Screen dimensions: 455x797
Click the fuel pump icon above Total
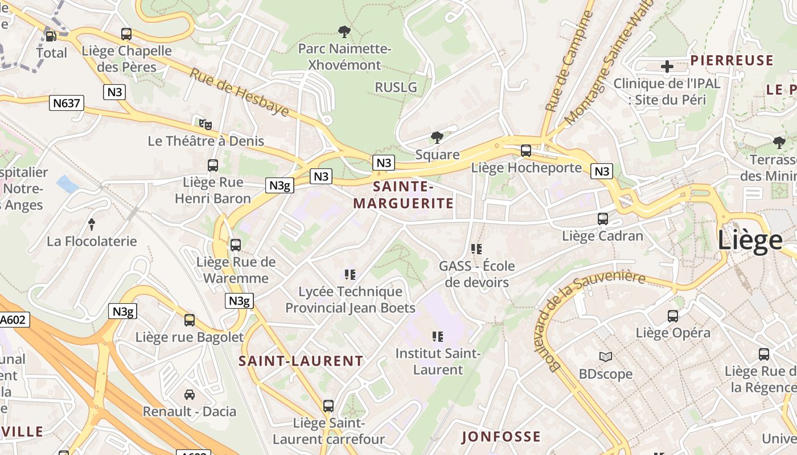pos(51,36)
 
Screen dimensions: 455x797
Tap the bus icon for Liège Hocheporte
pos(526,151)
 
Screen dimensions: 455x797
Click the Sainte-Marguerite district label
pos(403,195)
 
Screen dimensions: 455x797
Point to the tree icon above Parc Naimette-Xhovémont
pos(344,32)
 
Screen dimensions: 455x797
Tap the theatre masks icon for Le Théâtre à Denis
pos(206,123)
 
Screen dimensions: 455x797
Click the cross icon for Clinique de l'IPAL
pos(667,67)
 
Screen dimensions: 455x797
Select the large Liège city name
pos(750,240)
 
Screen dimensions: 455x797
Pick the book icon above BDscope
pos(606,357)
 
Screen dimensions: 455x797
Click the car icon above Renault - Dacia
pos(190,394)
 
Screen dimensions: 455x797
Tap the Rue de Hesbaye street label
pos(239,92)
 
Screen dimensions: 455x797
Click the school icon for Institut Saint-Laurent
pos(438,337)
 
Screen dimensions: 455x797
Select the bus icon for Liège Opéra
pos(673,316)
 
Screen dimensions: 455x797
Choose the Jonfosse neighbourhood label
pos(501,437)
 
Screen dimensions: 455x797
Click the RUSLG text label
pos(396,87)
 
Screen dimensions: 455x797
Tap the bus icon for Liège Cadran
pos(603,218)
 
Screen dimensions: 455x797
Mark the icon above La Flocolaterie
pos(92,224)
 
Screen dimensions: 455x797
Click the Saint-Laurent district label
pos(301,361)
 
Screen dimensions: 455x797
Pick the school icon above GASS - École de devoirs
pos(476,249)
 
